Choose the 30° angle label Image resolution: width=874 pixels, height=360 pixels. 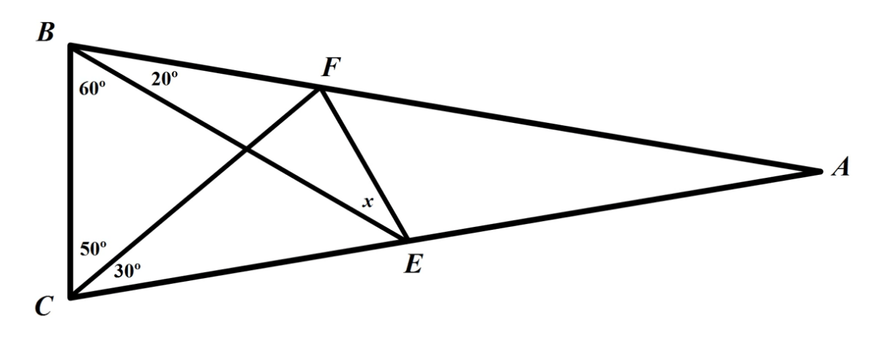point(127,270)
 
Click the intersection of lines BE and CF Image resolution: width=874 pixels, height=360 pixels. point(244,150)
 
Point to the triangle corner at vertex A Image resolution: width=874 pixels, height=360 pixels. point(820,171)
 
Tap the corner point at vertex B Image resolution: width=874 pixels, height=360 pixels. point(70,46)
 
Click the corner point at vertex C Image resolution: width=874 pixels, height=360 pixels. point(70,296)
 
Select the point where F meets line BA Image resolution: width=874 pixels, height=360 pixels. point(320,89)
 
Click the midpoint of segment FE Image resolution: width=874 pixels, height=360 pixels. point(362,164)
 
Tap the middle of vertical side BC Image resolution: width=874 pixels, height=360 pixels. point(70,171)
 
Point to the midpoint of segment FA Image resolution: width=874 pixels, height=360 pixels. point(569,130)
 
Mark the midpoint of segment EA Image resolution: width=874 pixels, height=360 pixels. point(612,206)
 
